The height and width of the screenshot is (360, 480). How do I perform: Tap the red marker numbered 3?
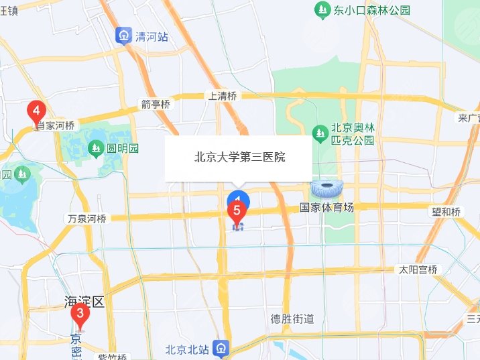tap(80, 313)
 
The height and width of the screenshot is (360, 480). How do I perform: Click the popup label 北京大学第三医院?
tap(239, 158)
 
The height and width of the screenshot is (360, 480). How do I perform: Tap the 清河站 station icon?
tap(123, 35)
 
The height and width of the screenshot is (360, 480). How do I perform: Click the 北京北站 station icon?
tap(220, 348)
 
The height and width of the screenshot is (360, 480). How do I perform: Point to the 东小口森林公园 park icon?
tap(322, 10)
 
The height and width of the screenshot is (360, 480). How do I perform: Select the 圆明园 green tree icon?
tap(96, 147)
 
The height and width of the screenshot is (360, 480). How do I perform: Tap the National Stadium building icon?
tap(326, 189)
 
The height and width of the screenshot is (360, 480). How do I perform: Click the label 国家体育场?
tap(326, 208)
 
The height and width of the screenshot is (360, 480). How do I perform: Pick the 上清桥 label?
tap(223, 96)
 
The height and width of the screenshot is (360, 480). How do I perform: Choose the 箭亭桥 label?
tap(156, 104)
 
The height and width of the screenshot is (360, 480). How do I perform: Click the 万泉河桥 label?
tap(87, 219)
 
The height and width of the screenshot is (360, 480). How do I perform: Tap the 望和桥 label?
tap(446, 212)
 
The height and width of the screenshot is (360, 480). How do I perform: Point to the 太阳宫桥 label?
tap(418, 270)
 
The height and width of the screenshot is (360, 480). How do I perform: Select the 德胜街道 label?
tap(292, 319)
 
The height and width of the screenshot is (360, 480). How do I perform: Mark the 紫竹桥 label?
tap(113, 356)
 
